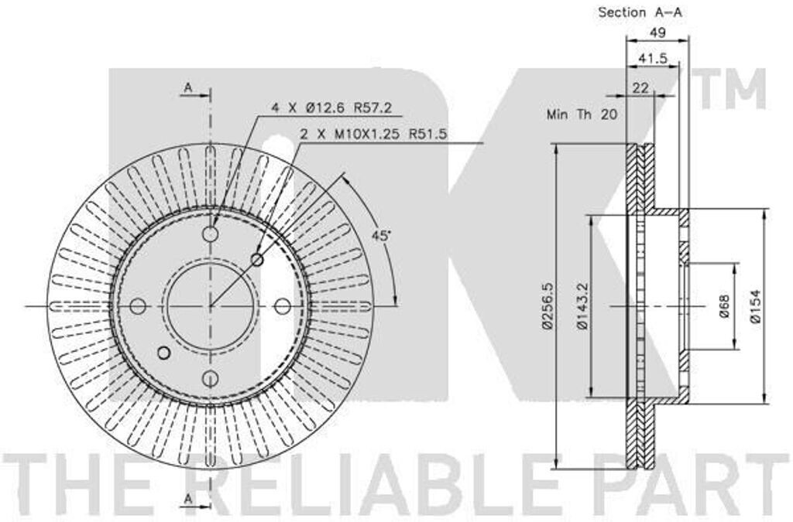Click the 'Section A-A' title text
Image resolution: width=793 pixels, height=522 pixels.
click(640, 12)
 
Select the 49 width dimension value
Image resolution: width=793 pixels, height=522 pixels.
click(657, 32)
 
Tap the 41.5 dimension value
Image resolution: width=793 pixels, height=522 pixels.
click(652, 59)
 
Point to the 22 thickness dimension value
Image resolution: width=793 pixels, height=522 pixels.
click(640, 87)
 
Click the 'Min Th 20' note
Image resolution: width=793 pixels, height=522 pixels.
click(582, 114)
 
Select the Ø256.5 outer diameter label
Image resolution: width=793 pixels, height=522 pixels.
click(548, 305)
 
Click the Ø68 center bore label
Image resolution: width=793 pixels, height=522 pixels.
click(724, 306)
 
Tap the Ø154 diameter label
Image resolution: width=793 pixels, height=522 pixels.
click(756, 306)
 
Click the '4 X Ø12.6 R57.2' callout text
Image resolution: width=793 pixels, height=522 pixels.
click(331, 107)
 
